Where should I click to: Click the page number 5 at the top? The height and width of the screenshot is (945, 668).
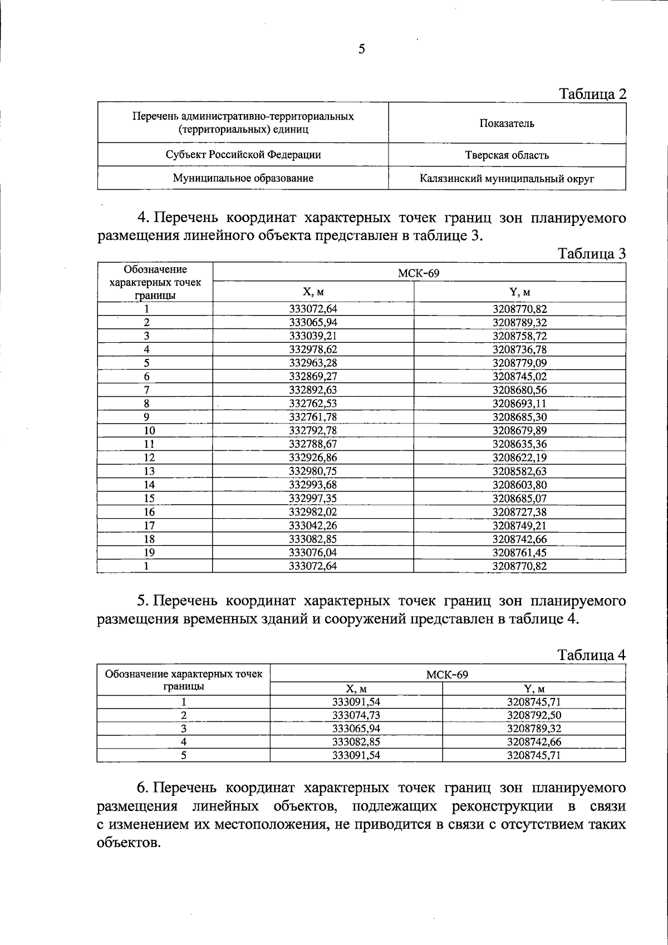click(x=362, y=50)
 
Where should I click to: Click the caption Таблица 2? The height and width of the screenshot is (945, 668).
click(x=592, y=93)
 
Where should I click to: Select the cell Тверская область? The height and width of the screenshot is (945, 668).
click(x=507, y=155)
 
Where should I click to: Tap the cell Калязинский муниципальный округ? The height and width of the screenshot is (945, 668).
click(x=507, y=179)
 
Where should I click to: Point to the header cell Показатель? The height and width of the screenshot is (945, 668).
click(x=507, y=124)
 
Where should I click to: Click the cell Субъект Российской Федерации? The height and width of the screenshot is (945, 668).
click(x=243, y=155)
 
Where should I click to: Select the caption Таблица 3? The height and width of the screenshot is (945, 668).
click(x=592, y=254)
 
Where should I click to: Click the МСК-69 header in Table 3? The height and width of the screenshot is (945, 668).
click(x=419, y=273)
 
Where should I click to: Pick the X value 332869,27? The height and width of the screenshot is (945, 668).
click(x=313, y=377)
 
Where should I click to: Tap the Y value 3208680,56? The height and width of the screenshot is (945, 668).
click(x=519, y=390)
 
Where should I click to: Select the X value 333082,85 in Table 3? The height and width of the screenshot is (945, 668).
click(x=313, y=539)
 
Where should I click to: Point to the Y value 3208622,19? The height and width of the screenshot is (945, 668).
click(x=519, y=458)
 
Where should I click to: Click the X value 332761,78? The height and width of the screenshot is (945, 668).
click(x=313, y=417)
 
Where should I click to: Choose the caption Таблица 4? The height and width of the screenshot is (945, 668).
click(x=592, y=655)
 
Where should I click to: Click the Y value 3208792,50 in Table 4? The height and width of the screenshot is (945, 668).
click(x=534, y=716)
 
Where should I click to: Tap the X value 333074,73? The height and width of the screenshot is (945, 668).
click(x=356, y=716)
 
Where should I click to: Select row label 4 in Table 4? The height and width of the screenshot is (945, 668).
click(x=183, y=742)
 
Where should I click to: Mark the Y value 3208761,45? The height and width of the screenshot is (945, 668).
click(x=519, y=553)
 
